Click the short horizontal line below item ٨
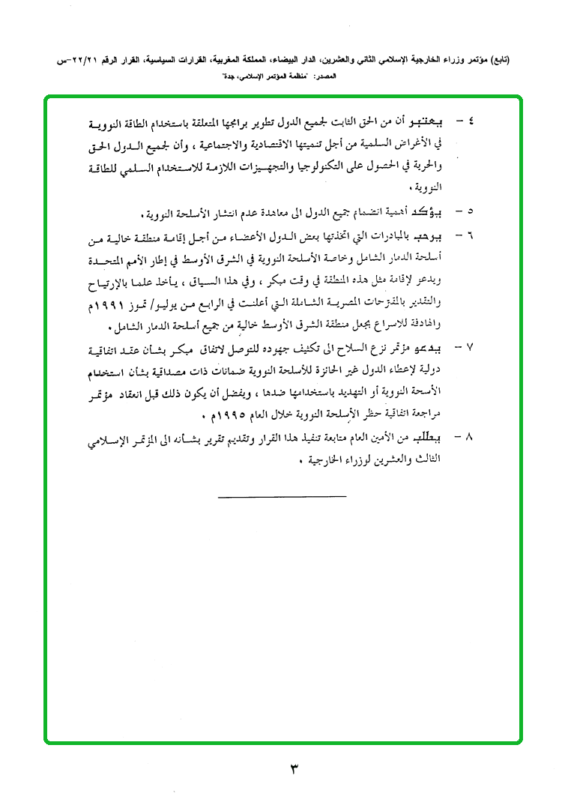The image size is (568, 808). (283, 496)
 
